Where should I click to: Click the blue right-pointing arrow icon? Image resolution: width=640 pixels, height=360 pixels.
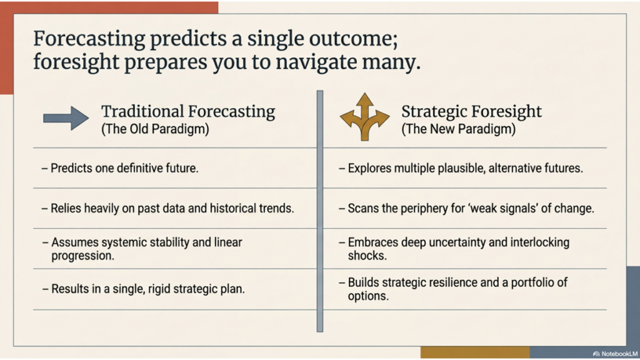tap(66, 117)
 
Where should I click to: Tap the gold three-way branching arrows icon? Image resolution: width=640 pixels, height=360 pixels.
tap(364, 117)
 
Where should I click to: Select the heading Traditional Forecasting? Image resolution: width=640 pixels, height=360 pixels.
tap(187, 112)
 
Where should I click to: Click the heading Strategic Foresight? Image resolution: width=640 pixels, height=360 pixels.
tap(471, 112)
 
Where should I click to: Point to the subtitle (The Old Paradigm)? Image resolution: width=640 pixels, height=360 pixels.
tap(155, 129)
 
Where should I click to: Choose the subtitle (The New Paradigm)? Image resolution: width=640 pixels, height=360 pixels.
tap(458, 129)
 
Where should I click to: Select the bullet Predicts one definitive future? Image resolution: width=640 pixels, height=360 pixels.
tap(124, 168)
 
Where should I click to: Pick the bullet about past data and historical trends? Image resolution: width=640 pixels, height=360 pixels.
tap(172, 208)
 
